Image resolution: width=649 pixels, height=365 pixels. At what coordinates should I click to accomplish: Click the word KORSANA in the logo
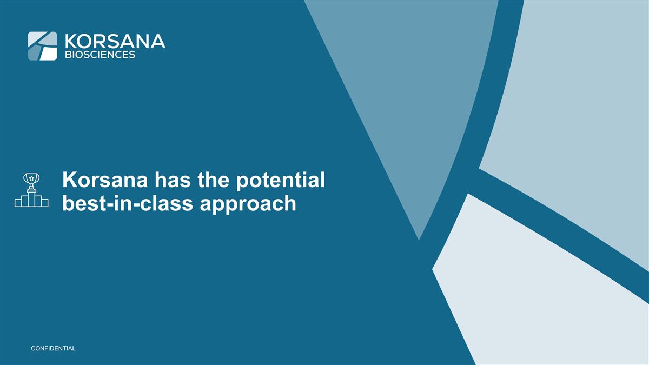point(114,41)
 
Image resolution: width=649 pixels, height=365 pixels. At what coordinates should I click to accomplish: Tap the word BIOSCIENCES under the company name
point(100,55)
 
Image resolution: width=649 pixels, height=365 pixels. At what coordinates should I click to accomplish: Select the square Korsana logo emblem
point(42,46)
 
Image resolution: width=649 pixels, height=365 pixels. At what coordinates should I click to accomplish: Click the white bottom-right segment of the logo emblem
point(48,53)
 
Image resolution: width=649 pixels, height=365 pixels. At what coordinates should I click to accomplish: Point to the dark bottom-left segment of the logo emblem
point(34,52)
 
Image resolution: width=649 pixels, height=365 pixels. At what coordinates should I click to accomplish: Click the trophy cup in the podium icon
point(31,180)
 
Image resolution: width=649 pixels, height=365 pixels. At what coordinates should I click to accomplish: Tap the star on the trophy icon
point(31,177)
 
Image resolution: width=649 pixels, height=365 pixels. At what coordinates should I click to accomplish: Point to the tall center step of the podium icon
point(31,198)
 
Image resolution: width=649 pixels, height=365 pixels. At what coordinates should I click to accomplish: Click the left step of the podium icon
point(20,202)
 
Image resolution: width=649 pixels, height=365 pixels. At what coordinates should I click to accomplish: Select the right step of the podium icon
point(43,203)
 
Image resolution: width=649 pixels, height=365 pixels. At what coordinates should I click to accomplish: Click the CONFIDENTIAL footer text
point(53,348)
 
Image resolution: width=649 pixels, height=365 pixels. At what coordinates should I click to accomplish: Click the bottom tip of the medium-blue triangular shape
point(419,238)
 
